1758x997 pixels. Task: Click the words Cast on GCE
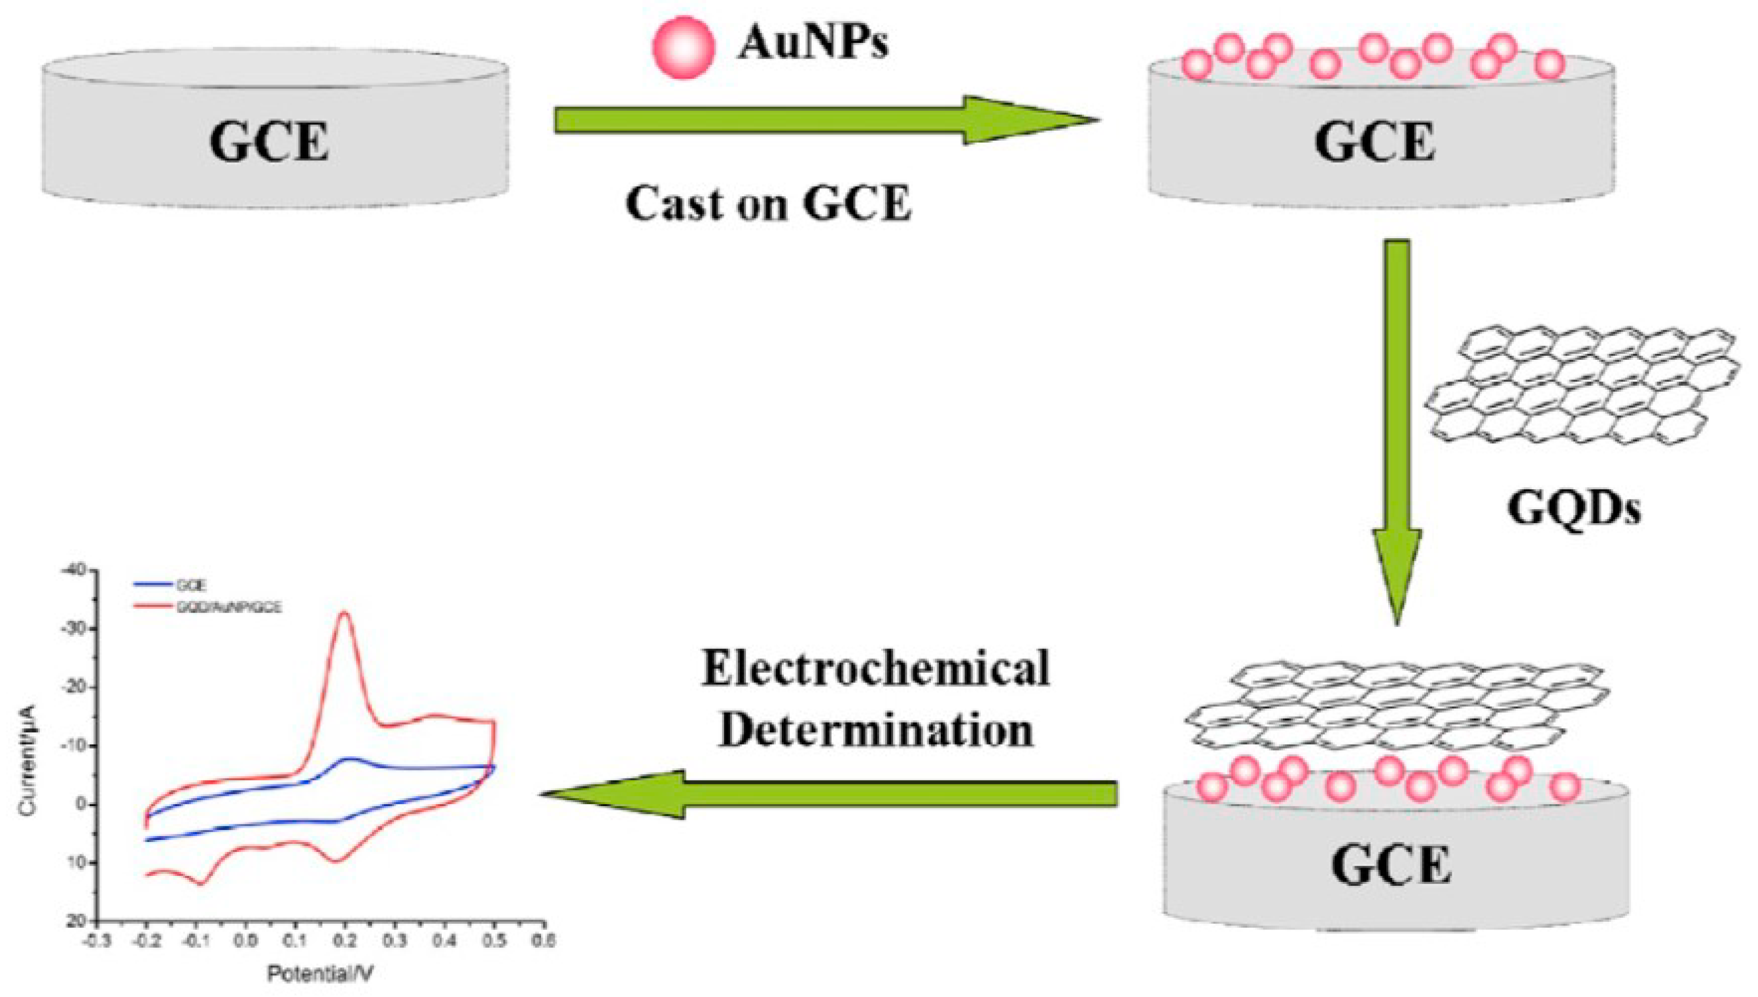click(768, 203)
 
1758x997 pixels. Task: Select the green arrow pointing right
click(822, 120)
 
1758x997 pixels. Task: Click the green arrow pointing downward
click(1397, 425)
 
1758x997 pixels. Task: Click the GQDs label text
click(1574, 509)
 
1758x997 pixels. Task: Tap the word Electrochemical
click(875, 668)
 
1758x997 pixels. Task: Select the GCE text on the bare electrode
click(269, 142)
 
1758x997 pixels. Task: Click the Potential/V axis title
click(320, 973)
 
